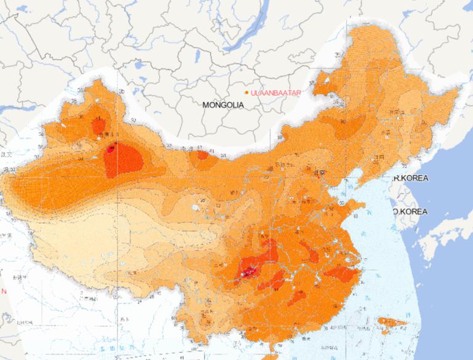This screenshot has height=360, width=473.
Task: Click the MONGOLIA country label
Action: pyautogui.click(x=223, y=105)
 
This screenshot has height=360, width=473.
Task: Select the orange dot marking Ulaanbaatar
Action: pyautogui.click(x=246, y=92)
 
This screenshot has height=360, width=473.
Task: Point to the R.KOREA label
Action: pyautogui.click(x=411, y=178)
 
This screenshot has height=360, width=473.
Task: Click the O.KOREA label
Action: pyautogui.click(x=411, y=211)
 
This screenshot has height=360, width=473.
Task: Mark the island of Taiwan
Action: pyautogui.click(x=393, y=322)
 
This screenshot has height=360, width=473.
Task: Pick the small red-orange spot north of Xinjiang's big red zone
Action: pyautogui.click(x=98, y=126)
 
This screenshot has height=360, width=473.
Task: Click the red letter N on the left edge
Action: pyautogui.click(x=3, y=291)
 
